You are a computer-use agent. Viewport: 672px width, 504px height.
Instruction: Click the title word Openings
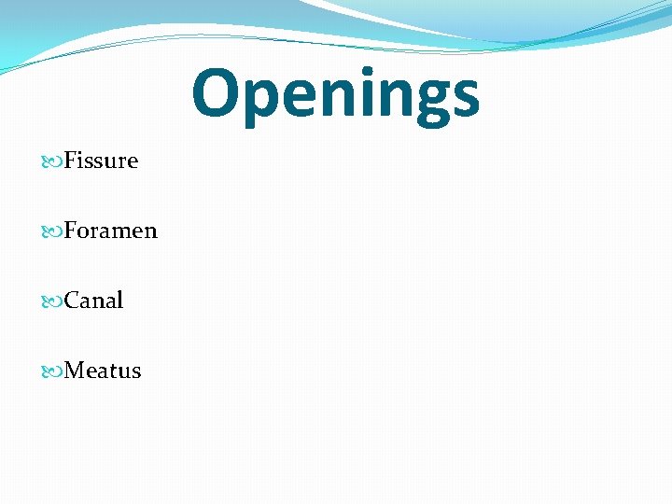click(x=335, y=95)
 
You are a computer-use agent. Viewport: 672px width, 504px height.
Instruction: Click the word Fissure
click(x=101, y=161)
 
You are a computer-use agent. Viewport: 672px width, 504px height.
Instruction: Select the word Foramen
click(x=110, y=231)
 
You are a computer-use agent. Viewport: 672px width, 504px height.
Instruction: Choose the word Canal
click(x=93, y=301)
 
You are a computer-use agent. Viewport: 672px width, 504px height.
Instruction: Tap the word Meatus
click(x=103, y=371)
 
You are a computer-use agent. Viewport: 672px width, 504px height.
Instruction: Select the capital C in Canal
click(x=72, y=301)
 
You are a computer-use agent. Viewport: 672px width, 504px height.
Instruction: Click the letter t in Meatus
click(x=113, y=371)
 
